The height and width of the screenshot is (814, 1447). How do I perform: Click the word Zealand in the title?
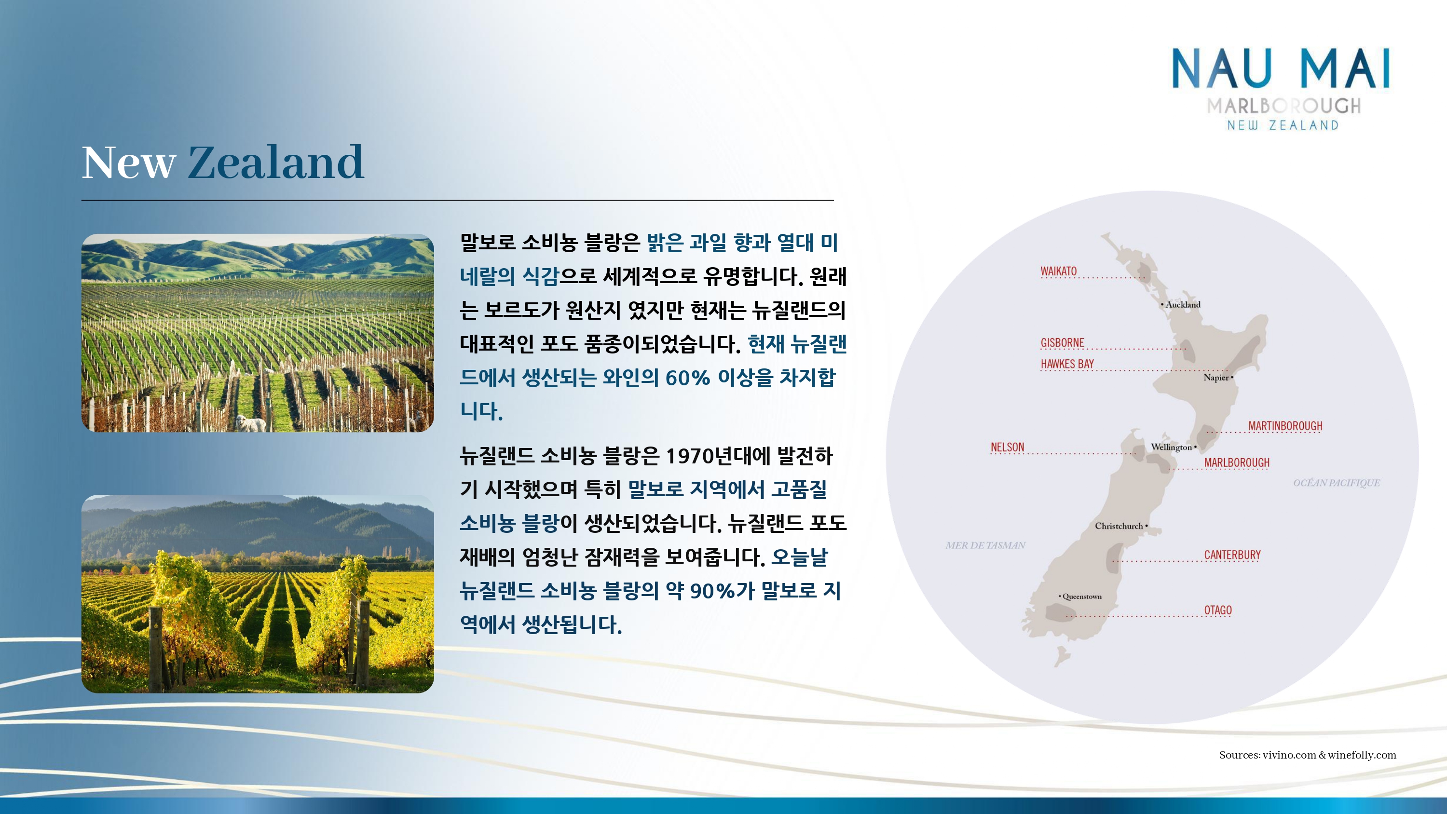pos(276,163)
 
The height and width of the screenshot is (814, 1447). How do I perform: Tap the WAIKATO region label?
pos(1058,271)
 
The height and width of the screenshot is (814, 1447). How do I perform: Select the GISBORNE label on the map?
pos(1062,343)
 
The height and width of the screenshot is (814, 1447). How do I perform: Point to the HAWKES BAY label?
pos(1067,364)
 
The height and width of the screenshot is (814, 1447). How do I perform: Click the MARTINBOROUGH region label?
pos(1285,426)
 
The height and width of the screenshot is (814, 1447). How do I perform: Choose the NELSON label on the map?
pos(1007,447)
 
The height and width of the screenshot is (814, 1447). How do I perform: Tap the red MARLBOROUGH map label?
pos(1236,462)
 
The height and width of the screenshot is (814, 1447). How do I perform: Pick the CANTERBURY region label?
pos(1232,555)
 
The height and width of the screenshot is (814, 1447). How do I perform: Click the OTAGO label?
pos(1218,610)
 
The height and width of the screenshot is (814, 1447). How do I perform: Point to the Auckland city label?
pos(1182,304)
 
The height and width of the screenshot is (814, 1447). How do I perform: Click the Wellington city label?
pos(1171,447)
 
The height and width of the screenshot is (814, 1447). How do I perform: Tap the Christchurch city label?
pos(1119,526)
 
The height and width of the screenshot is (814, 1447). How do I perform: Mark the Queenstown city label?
pos(1082,597)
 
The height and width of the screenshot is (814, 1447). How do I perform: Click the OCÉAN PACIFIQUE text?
pos(1337,483)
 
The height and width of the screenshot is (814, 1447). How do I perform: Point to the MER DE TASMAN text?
pos(985,545)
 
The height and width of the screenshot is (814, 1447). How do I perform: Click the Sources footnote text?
pos(1307,755)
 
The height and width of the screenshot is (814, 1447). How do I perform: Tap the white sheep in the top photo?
pos(250,423)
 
